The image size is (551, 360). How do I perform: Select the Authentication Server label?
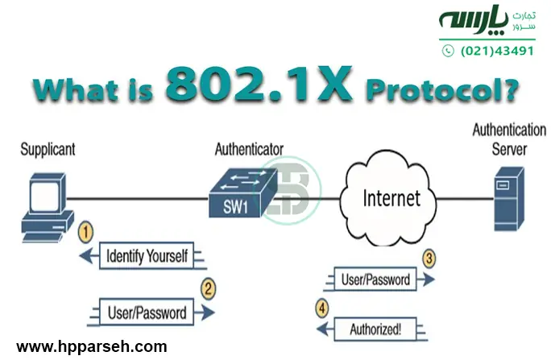point(509,139)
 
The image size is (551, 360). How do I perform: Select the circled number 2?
point(208,286)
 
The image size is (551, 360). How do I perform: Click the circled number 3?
point(430,259)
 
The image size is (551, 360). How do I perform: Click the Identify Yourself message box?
point(147,257)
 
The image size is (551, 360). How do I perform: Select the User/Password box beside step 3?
point(376,280)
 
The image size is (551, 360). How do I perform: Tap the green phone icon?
point(449,50)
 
